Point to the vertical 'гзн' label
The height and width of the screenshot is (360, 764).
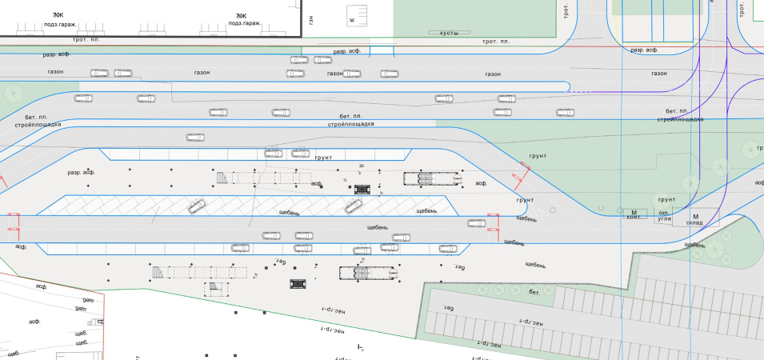(310, 19)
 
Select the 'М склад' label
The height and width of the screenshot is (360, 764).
(695, 220)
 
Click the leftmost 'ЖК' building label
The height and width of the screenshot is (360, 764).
(58, 15)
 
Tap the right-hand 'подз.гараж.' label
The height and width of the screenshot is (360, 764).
(245, 23)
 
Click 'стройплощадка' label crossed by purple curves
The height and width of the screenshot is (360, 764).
(680, 118)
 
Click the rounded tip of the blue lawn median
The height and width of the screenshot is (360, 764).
(569, 86)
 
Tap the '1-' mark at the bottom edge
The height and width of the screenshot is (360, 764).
(361, 347)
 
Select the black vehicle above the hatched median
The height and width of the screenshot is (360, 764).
(362, 190)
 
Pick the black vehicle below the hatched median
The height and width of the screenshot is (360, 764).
(298, 283)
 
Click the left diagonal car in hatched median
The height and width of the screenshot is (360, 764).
(196, 207)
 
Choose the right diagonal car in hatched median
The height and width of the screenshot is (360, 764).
(353, 206)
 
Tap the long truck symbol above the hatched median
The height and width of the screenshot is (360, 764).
(433, 178)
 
